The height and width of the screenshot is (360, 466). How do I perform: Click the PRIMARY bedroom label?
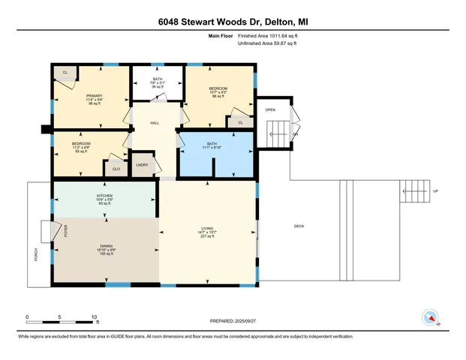click(94, 96)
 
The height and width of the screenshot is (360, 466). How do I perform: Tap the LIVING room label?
click(208, 229)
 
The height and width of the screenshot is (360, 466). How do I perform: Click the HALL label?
click(155, 123)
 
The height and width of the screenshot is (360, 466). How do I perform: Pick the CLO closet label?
click(116, 169)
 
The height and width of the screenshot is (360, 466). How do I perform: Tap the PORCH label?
click(35, 256)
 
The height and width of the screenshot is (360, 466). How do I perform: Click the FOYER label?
click(65, 232)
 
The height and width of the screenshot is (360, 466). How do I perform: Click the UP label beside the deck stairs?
click(435, 191)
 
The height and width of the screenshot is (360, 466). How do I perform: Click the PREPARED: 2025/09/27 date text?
click(232, 320)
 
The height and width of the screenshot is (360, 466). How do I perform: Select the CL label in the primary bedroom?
click(65, 72)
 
